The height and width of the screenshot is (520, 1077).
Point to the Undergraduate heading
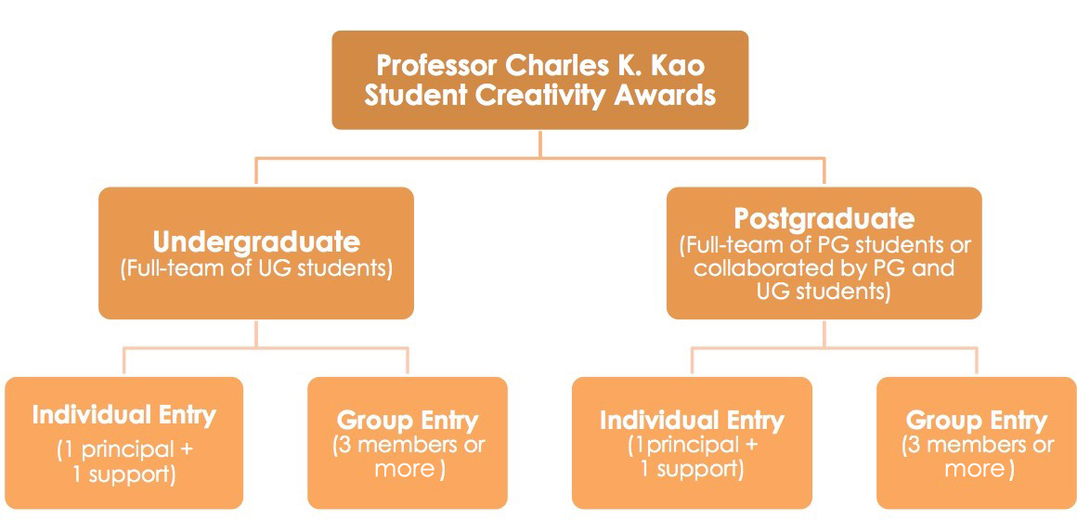point(256,242)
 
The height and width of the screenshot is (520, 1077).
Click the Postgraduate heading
point(824,219)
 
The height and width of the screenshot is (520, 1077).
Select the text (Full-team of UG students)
point(256,268)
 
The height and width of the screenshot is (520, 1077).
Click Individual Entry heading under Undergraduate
point(123,416)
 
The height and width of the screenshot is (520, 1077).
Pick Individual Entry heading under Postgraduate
point(692,420)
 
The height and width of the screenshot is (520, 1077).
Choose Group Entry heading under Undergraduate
point(408,420)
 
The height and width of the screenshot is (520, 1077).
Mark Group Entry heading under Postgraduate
point(976,420)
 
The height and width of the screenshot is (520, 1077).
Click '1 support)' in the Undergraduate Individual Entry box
point(123,474)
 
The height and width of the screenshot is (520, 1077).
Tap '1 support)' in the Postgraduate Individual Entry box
point(692,470)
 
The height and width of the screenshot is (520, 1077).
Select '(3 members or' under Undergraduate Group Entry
point(408,445)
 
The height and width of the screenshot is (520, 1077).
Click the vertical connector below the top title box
point(540,144)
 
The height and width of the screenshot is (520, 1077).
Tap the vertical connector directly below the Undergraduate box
point(256,333)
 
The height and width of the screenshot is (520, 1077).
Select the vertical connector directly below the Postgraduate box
point(824,333)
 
